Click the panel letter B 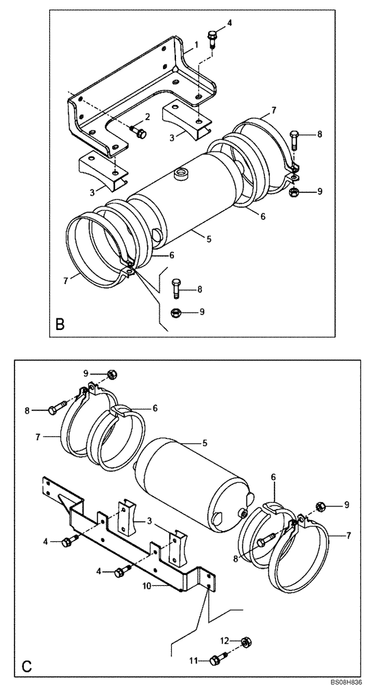(x=60, y=323)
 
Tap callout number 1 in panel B (x=196, y=44)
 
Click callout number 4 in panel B (x=229, y=23)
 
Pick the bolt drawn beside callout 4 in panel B (x=211, y=37)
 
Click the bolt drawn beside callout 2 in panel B (x=138, y=132)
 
